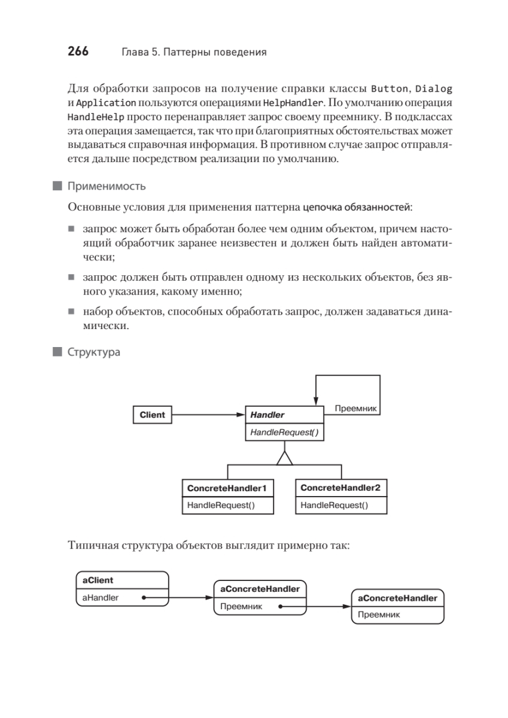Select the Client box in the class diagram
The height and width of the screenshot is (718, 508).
pyautogui.click(x=152, y=415)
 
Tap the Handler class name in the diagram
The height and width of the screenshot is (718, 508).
pyautogui.click(x=267, y=415)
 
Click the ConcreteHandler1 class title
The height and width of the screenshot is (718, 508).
pyautogui.click(x=227, y=488)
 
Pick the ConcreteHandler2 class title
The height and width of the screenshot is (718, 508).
pyautogui.click(x=340, y=488)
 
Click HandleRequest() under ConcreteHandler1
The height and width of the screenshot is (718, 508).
pyautogui.click(x=221, y=505)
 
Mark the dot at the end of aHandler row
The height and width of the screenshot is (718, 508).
pyautogui.click(x=144, y=597)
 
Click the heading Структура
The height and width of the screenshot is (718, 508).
pyautogui.click(x=93, y=352)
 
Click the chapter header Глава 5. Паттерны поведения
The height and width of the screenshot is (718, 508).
pyautogui.click(x=193, y=52)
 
